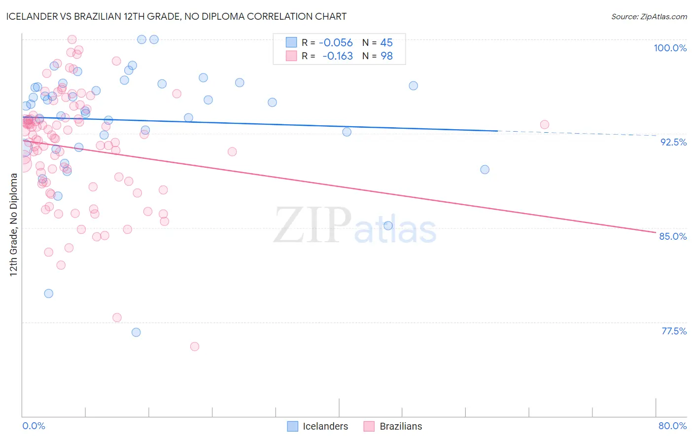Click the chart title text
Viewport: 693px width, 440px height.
pos(176,16)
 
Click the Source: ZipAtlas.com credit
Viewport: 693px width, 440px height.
pos(649,16)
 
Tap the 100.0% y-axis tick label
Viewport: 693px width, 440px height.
pos(670,48)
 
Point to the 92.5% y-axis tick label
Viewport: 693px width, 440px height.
pos(673,142)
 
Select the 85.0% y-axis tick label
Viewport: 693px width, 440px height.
pos(673,236)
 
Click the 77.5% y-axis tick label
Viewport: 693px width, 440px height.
pos(674,331)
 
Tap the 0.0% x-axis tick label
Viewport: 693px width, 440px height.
pos(34,426)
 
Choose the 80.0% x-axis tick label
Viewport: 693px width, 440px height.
pos(672,426)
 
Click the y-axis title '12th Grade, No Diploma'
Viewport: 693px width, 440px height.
pos(13,224)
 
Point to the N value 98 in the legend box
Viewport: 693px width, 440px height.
pos(386,56)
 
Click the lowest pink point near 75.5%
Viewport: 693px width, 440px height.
pos(195,347)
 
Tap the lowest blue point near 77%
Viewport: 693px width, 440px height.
pos(136,332)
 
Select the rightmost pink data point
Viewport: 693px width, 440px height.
pos(544,125)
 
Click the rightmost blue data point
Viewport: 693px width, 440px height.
pos(485,170)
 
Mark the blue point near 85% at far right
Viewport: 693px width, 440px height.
pos(388,226)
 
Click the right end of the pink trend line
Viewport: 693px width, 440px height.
pos(656,232)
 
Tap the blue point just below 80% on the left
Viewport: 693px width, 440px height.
pos(48,293)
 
